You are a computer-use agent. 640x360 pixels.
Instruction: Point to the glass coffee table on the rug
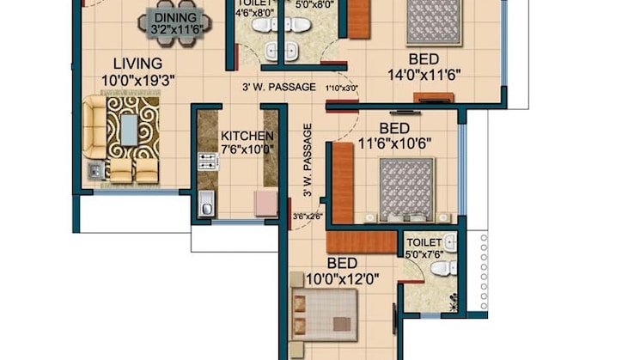pos(128,130)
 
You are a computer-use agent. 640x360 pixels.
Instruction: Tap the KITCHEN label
pos(247,136)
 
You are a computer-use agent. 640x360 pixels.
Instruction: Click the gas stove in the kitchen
pos(207,162)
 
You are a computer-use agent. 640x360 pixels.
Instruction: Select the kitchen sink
pos(207,204)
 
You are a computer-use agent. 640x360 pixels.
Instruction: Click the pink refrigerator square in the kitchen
pos(265,203)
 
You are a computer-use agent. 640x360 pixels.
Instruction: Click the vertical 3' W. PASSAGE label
pos(306,160)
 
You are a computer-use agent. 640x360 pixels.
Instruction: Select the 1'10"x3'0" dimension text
pos(340,88)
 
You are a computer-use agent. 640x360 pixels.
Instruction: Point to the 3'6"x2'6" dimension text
pos(307,216)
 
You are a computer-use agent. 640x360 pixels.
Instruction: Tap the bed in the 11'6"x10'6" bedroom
pos(406,187)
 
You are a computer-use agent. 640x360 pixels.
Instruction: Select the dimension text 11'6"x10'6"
pos(393,143)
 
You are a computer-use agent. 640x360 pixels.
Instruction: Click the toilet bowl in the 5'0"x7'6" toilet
pos(442,269)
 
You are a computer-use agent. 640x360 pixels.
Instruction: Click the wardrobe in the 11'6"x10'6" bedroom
pos(343,183)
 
